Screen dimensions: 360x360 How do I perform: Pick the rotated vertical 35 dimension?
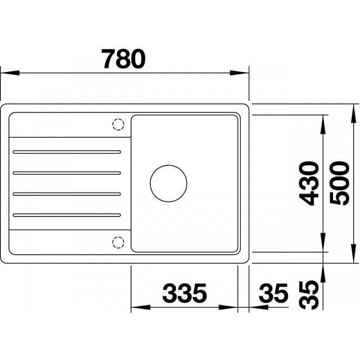coord(309,294)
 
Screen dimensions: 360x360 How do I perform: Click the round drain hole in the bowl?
coord(168,183)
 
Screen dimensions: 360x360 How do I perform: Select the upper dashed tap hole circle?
coord(118,124)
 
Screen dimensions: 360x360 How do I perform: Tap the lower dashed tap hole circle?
coord(118,242)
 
